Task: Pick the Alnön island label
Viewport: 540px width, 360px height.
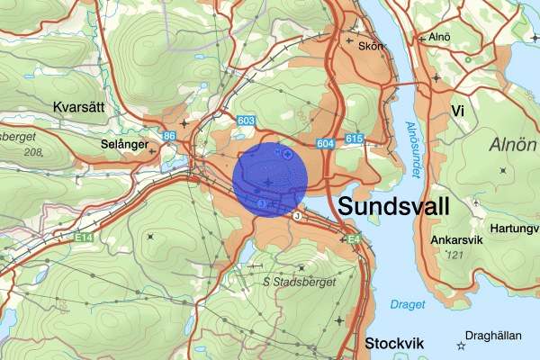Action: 512,145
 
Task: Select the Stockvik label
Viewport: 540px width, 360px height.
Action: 395,343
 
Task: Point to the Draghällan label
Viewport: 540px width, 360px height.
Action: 498,336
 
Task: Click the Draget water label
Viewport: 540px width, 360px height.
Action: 409,304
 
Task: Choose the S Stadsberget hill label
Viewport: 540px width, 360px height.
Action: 300,282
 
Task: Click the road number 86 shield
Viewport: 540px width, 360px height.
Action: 168,136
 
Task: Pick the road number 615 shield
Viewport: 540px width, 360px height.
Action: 353,139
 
